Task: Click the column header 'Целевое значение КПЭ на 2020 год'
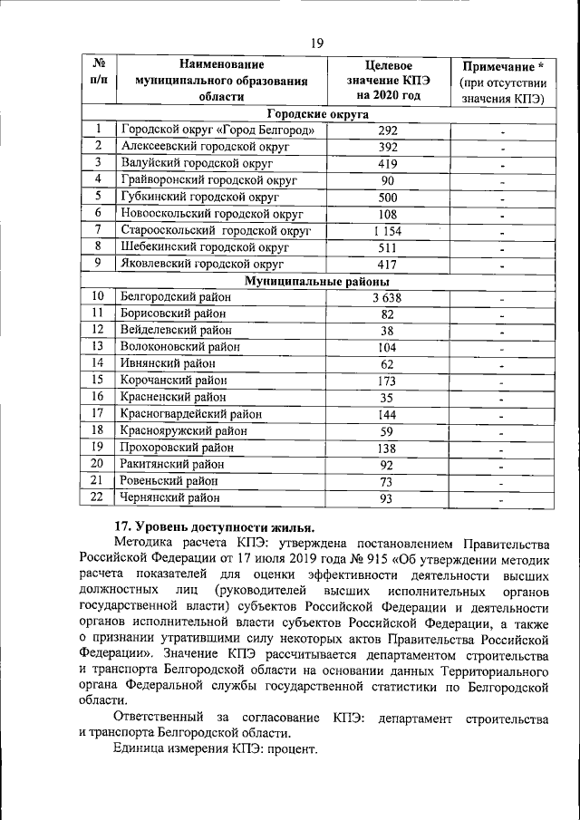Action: [x=388, y=81]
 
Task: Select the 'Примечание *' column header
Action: [x=503, y=68]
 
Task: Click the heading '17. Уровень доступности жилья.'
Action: [x=214, y=528]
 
